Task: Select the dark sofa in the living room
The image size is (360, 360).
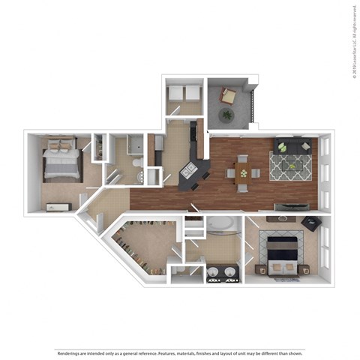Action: (x=293, y=145)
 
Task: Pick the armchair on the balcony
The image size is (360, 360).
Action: (x=228, y=96)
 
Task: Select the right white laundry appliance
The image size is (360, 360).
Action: (x=192, y=94)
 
